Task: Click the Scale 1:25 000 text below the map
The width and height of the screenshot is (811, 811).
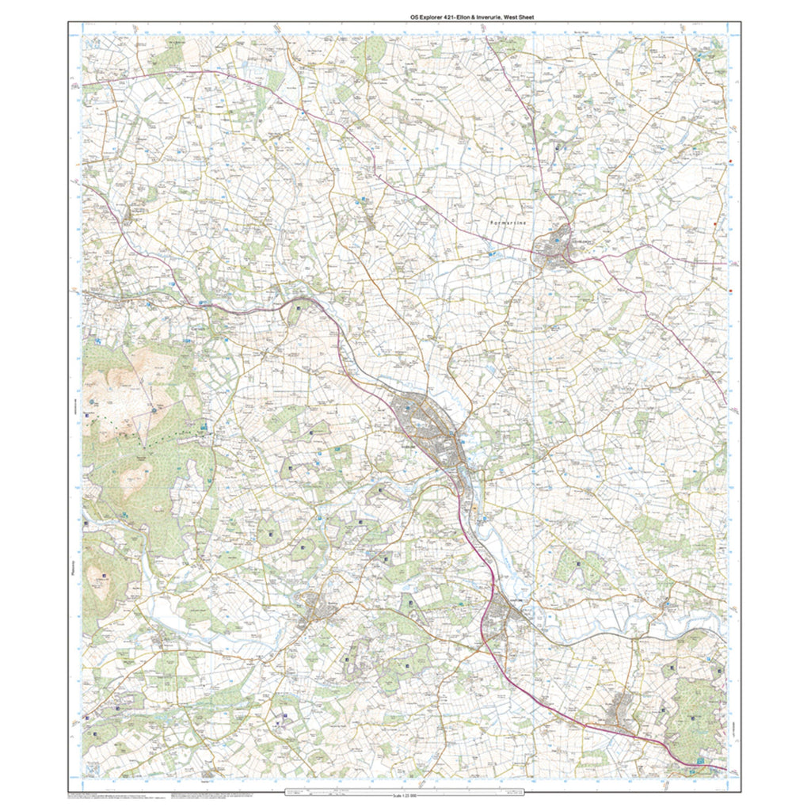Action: [x=405, y=796]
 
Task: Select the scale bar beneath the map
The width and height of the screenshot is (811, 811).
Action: [x=405, y=790]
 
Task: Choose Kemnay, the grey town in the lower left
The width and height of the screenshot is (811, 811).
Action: [x=317, y=609]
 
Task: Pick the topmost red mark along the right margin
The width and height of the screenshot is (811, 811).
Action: [x=730, y=165]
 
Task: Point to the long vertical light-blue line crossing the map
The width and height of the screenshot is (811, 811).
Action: [x=535, y=396]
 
